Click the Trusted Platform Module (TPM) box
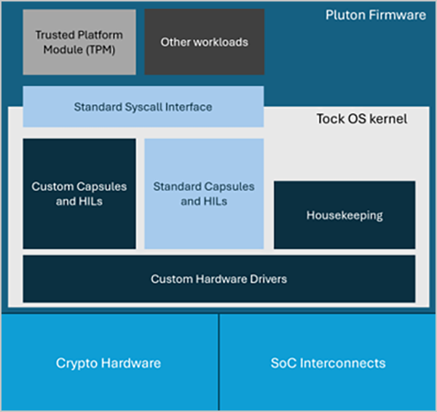79,42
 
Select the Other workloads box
204,42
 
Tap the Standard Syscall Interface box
143,107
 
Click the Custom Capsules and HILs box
79,193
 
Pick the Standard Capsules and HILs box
204,193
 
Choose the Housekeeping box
345,215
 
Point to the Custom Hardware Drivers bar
219,279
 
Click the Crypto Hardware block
109,362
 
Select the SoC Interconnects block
327,362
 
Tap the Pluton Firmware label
375,15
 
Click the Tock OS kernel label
361,119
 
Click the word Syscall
142,107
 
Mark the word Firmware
400,15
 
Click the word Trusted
55,35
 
